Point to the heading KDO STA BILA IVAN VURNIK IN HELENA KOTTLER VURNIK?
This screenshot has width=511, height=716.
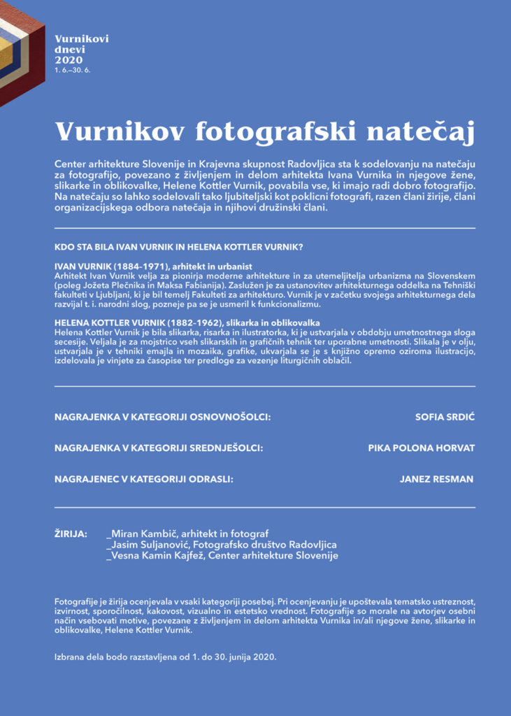(x=178, y=247)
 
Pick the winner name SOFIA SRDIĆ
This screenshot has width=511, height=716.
(x=445, y=417)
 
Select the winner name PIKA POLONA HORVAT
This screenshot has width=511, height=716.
(x=422, y=447)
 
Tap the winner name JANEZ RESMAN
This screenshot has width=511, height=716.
(x=436, y=479)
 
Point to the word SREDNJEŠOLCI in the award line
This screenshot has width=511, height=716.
(x=226, y=447)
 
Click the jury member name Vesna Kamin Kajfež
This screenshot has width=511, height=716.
(x=155, y=556)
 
